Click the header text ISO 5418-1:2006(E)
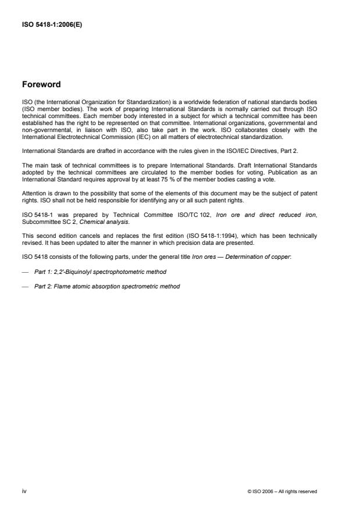click(51, 25)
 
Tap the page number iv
click(24, 491)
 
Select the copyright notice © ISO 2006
click(282, 491)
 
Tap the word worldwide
click(184, 102)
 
